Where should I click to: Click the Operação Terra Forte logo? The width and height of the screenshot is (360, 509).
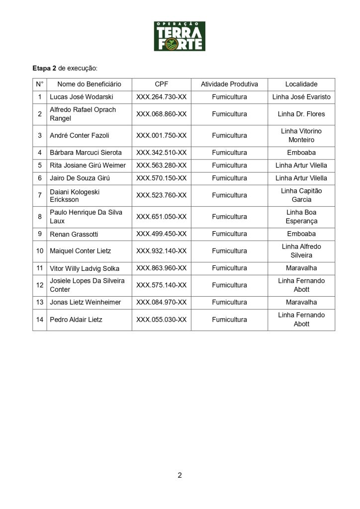[180, 36]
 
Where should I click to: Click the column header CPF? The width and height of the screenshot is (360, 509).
[162, 85]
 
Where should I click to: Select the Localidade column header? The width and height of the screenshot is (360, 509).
[301, 85]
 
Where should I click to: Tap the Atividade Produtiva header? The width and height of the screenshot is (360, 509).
[229, 85]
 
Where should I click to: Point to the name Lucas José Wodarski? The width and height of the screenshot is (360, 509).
[82, 97]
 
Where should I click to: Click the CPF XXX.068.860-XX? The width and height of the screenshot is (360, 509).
[162, 114]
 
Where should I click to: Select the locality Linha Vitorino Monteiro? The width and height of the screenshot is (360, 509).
[301, 135]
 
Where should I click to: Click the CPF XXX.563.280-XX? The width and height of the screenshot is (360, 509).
[162, 165]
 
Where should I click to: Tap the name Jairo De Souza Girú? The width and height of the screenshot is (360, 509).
[80, 178]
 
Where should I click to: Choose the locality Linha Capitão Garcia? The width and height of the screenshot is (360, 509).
[301, 195]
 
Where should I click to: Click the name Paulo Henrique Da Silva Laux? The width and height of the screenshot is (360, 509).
[86, 216]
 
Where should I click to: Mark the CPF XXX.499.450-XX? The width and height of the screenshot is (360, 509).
[162, 234]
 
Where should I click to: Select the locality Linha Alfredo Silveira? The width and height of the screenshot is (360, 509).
[301, 251]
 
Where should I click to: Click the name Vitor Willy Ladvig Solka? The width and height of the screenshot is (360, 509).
[85, 268]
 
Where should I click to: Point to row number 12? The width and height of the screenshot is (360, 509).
[40, 285]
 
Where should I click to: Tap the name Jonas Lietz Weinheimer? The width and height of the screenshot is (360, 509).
[86, 302]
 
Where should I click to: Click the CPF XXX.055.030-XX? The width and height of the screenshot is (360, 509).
[162, 319]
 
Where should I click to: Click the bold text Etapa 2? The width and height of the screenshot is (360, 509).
[44, 67]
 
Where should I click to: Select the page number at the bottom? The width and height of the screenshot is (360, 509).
[180, 475]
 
